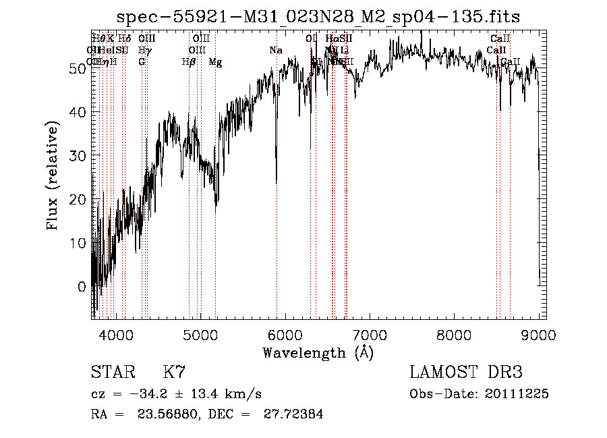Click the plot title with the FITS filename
pyautogui.click(x=318, y=16)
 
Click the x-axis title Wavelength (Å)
pyautogui.click(x=318, y=352)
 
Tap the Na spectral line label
pyautogui.click(x=275, y=51)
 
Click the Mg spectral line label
pyautogui.click(x=215, y=62)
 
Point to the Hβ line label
pyautogui.click(x=188, y=62)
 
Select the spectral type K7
pyautogui.click(x=174, y=373)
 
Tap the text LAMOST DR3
pyautogui.click(x=466, y=373)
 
